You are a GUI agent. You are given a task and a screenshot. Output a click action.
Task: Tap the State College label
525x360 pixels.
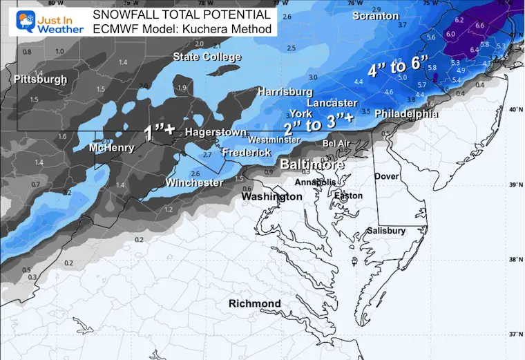point(207,57)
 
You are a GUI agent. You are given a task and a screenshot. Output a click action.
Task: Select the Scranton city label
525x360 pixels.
point(375,15)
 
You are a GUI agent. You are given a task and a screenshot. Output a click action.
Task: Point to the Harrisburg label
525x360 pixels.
point(285,91)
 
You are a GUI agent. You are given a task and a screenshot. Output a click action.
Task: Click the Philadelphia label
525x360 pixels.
point(406,114)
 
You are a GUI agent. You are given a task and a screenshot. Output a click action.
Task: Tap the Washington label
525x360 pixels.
point(271,196)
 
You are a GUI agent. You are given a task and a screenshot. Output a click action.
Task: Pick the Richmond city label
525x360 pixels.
point(255,303)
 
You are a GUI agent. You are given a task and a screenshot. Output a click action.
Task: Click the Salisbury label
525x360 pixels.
point(385,230)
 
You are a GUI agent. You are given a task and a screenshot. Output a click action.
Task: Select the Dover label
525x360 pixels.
point(387,176)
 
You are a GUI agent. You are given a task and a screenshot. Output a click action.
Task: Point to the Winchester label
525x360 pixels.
point(194,182)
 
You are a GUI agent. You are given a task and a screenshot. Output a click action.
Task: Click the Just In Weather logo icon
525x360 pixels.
point(13,19)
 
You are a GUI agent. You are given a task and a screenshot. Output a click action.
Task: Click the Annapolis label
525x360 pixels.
point(316,182)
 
